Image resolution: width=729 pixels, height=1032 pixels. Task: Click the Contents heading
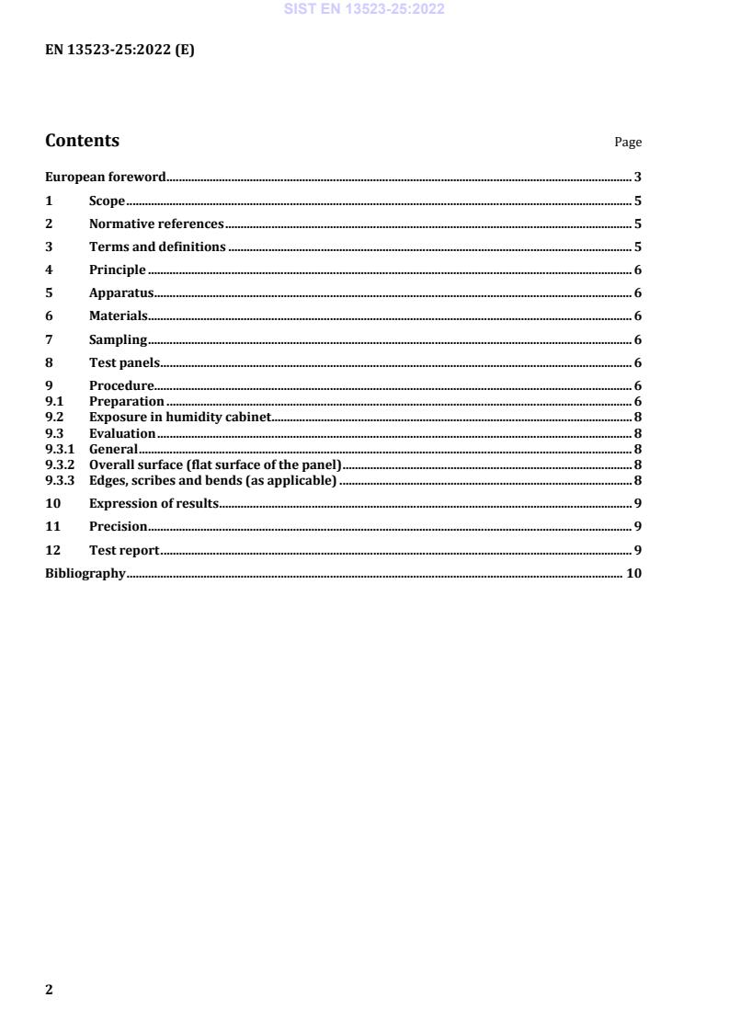[x=82, y=141]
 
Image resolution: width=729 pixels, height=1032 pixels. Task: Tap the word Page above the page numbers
[x=628, y=143]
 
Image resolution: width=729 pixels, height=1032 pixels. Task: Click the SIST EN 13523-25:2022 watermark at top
[x=364, y=9]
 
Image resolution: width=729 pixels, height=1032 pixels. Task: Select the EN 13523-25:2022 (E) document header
[x=120, y=51]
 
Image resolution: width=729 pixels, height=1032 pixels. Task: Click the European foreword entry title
[x=106, y=178]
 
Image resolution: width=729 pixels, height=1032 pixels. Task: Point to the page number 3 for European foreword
[x=637, y=178]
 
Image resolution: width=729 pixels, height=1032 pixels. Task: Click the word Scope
[x=107, y=201]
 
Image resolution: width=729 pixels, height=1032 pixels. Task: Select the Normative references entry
[x=156, y=224]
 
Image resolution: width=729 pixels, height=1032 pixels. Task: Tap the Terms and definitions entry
[x=157, y=247]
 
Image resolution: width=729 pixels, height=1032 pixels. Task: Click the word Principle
[x=117, y=269]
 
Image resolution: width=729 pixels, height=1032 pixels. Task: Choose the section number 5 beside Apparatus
[x=49, y=293]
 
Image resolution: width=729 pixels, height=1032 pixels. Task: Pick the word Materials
[x=118, y=316]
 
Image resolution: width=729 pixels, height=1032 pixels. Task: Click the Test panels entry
[x=124, y=362]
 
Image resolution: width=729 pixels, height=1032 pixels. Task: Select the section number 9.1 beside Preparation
[x=52, y=401]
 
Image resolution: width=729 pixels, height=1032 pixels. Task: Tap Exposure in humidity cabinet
[x=179, y=418]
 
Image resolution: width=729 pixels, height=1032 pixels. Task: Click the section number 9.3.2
[x=60, y=464]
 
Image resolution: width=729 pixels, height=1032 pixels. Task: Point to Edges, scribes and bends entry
[x=212, y=480]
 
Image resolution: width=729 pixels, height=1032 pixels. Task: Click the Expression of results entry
[x=154, y=503]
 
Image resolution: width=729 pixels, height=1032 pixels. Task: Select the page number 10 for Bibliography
[x=633, y=573]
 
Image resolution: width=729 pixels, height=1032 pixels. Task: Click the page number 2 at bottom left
[x=50, y=990]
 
